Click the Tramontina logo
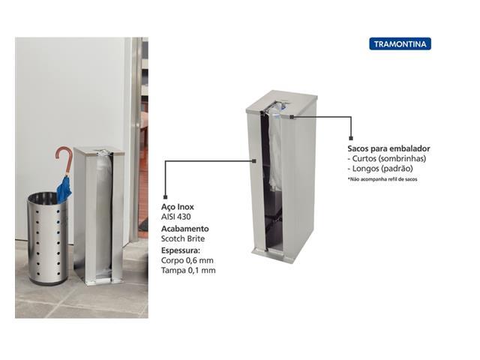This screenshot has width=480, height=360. pyautogui.click(x=400, y=43)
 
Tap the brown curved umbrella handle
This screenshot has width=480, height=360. pyautogui.click(x=64, y=158)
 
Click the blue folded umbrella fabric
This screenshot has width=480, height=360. pyautogui.click(x=64, y=189)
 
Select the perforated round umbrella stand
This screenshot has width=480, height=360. pyautogui.click(x=48, y=238)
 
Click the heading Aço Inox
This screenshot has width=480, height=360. pyautogui.click(x=178, y=207)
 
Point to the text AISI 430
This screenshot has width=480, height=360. pyautogui.click(x=176, y=217)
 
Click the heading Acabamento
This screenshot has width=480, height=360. pyautogui.click(x=185, y=229)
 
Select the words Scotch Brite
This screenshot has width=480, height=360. pyautogui.click(x=183, y=238)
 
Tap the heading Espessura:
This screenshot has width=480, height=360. pyautogui.click(x=181, y=250)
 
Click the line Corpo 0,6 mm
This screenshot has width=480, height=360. pyautogui.click(x=187, y=260)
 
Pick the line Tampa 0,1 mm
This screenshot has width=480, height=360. pyautogui.click(x=188, y=270)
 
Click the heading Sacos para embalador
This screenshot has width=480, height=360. pyautogui.click(x=388, y=148)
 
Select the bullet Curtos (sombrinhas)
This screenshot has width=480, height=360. pyautogui.click(x=387, y=158)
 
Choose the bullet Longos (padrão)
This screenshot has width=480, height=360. pyautogui.click(x=380, y=168)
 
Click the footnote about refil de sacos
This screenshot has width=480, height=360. pyautogui.click(x=382, y=179)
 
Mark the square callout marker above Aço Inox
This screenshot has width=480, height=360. pyautogui.click(x=165, y=196)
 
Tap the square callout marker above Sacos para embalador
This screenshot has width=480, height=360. pyautogui.click(x=351, y=138)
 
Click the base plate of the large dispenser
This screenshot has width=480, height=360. pyautogui.click(x=273, y=255)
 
